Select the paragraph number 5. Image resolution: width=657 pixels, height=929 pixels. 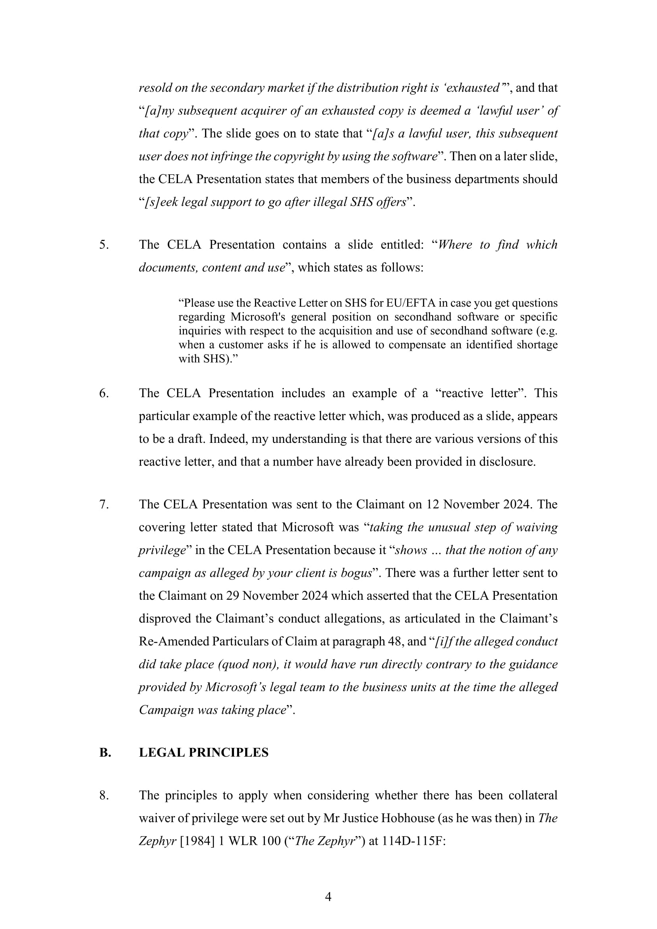click(104, 245)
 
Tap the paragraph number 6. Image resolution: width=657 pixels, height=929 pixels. click(104, 393)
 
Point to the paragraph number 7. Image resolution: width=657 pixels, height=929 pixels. click(104, 504)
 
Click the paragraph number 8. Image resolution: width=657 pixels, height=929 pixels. click(104, 796)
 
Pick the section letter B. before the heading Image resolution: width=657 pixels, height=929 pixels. click(105, 753)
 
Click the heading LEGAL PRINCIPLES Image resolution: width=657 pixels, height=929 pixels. click(203, 753)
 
